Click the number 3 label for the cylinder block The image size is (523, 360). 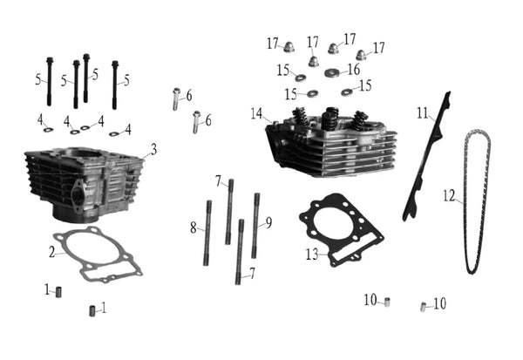pyautogui.click(x=153, y=150)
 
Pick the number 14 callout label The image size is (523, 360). pyautogui.click(x=257, y=113)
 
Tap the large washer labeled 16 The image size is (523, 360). pyautogui.click(x=332, y=72)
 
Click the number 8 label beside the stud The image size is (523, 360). pyautogui.click(x=194, y=228)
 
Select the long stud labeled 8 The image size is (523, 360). pyautogui.click(x=207, y=233)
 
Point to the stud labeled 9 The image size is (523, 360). pyautogui.click(x=255, y=226)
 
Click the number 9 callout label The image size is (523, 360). pyautogui.click(x=268, y=222)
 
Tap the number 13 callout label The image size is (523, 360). pyautogui.click(x=312, y=255)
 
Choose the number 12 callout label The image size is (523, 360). pyautogui.click(x=449, y=196)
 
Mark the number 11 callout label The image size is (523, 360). pyautogui.click(x=423, y=113)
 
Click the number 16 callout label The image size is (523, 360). pyautogui.click(x=354, y=70)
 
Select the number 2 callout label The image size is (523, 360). pyautogui.click(x=51, y=252)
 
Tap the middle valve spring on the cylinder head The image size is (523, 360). pyautogui.click(x=331, y=118)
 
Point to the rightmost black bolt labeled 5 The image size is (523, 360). pyautogui.click(x=115, y=85)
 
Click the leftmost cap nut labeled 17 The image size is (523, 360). pyautogui.click(x=289, y=48)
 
